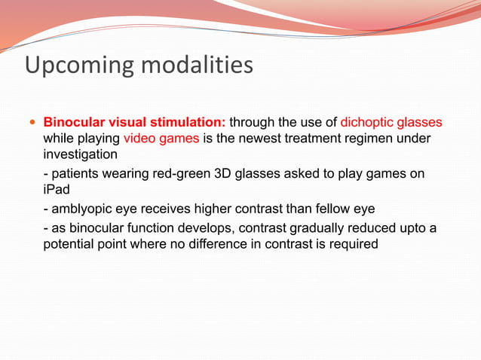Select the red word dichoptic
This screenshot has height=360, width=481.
click(368, 122)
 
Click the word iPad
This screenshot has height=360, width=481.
click(57, 190)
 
